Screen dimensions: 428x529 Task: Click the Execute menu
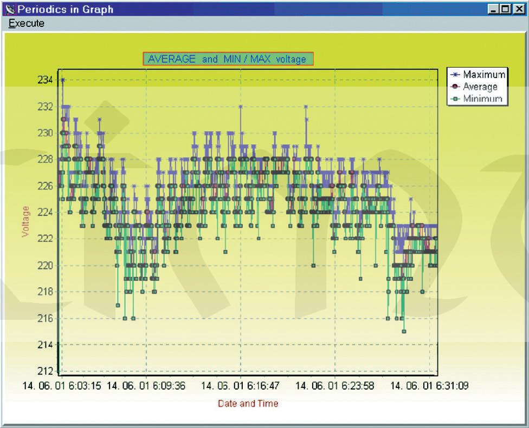(27, 24)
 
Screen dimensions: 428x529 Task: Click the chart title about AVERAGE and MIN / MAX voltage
(228, 59)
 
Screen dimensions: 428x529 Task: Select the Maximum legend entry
(484, 75)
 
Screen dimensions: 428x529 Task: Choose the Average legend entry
(480, 87)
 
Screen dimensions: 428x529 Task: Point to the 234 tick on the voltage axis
(45, 80)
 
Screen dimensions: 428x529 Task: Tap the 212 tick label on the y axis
(45, 371)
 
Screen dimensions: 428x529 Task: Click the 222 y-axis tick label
(45, 239)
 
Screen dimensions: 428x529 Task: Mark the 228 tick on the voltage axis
(45, 159)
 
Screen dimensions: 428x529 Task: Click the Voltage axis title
(25, 220)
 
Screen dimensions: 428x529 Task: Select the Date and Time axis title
(248, 403)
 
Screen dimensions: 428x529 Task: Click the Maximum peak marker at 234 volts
(63, 80)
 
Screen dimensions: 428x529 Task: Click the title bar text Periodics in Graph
(65, 9)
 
